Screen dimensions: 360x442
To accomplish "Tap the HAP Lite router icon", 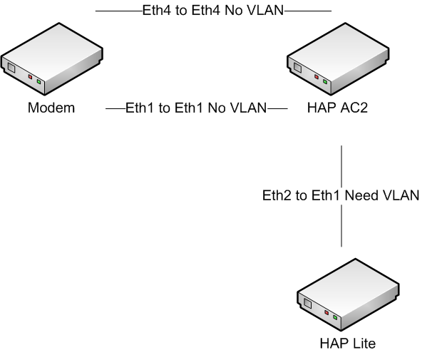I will click(346, 303).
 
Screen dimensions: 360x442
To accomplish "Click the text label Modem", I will click(51, 109).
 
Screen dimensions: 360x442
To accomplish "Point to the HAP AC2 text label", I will click(338, 109).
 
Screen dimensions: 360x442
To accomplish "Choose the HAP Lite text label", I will click(347, 344).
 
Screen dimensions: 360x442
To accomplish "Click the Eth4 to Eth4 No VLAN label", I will click(213, 10).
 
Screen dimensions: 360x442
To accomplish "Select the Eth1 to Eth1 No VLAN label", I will click(196, 108).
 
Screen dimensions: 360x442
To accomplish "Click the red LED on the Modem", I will click(30, 76).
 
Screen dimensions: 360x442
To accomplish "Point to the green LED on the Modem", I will click(39, 81).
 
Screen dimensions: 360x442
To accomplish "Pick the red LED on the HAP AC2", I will click(317, 76).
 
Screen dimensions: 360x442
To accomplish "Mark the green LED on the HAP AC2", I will click(326, 81).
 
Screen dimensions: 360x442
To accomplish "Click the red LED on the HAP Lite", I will click(326, 312).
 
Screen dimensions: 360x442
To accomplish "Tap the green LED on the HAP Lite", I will click(335, 317).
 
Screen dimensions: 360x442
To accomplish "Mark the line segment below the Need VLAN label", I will click(341, 227).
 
